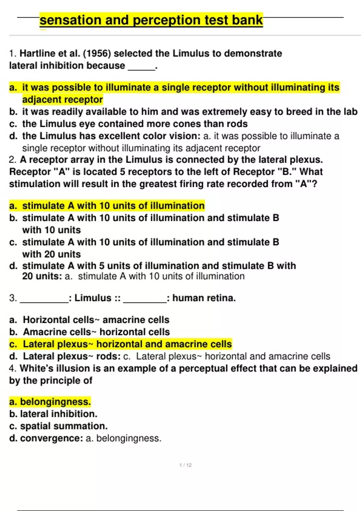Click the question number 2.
click(x=12, y=160)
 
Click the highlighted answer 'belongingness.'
click(x=55, y=402)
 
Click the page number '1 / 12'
click(x=185, y=465)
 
